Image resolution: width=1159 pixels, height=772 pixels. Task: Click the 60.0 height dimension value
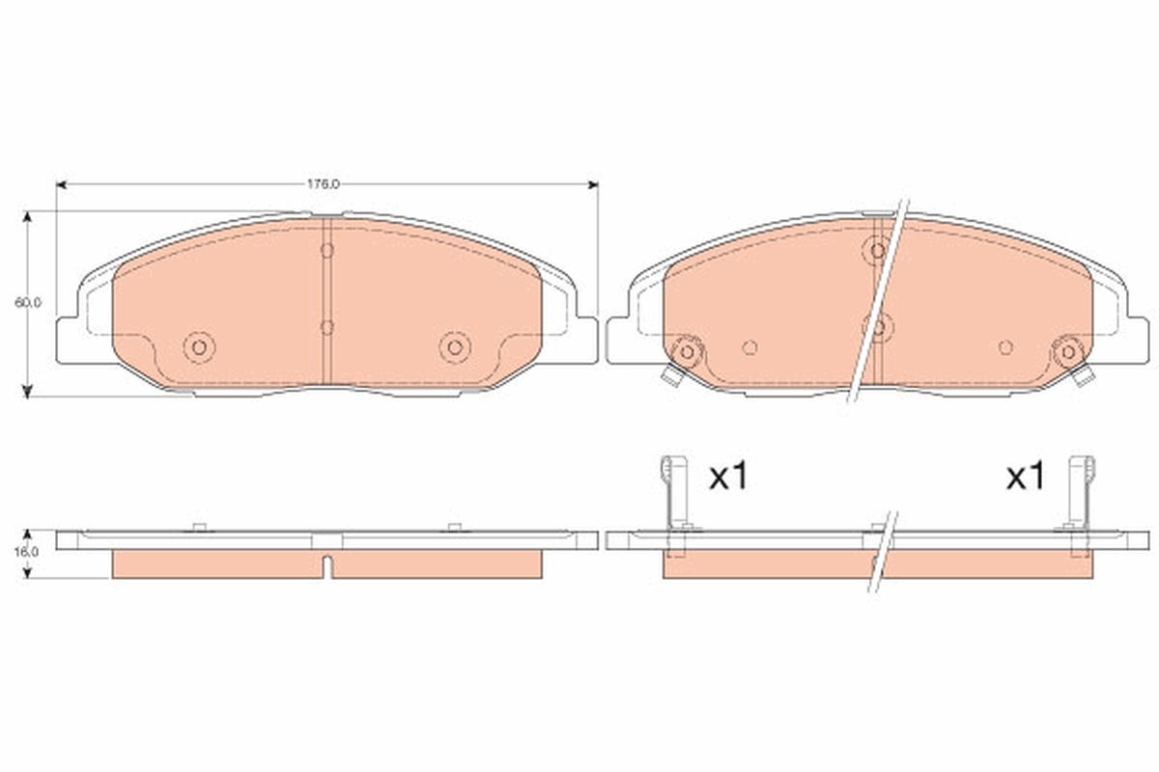point(28,302)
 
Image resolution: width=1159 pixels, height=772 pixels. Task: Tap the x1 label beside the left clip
point(729,476)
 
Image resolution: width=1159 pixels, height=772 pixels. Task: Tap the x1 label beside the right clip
point(1026,476)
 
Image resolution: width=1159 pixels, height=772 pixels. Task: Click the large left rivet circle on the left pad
point(200,346)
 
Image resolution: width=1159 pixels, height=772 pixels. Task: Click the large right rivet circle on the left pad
point(454,346)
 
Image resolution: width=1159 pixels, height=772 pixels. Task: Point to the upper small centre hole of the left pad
point(326,251)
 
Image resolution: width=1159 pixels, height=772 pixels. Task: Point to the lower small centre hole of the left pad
point(326,326)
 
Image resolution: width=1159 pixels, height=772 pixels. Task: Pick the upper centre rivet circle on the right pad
point(878,250)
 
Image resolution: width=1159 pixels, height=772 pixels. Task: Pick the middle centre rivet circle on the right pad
point(879,326)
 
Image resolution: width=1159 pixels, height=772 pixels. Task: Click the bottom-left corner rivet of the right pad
point(688,351)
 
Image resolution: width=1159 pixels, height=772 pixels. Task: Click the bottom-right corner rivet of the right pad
point(1068,351)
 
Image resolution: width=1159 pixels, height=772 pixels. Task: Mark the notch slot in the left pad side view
point(328,566)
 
